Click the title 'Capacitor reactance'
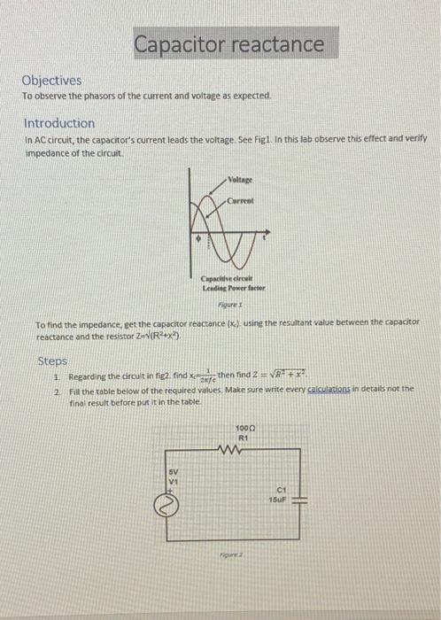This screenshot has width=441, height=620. click(x=229, y=43)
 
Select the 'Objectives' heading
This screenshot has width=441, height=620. click(x=52, y=80)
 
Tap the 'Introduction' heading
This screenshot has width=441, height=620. click(x=59, y=123)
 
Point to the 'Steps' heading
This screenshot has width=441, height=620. click(x=52, y=360)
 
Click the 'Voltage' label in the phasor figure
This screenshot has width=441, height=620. click(x=239, y=179)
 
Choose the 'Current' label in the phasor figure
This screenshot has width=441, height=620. click(x=240, y=200)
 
